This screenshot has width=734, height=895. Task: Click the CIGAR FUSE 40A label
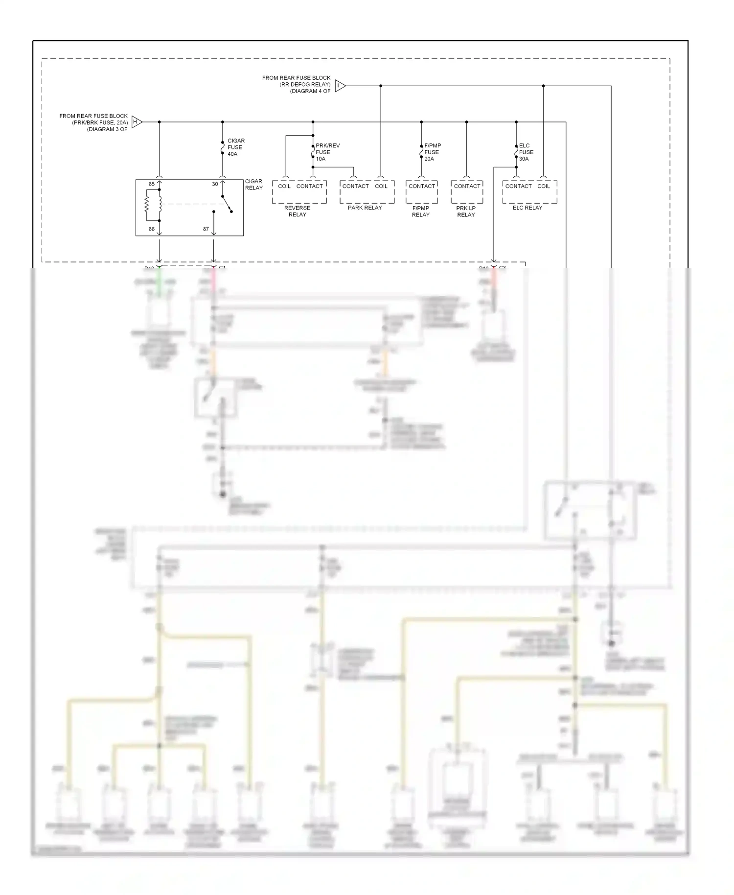click(x=235, y=147)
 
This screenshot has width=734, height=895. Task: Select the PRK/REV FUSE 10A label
click(x=327, y=152)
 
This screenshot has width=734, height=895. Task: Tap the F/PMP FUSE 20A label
click(x=432, y=152)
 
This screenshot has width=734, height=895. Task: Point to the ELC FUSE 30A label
click(x=526, y=152)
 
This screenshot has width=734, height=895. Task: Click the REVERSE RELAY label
click(x=297, y=211)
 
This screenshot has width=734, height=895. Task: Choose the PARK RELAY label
click(x=365, y=208)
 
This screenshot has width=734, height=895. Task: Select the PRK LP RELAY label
click(x=466, y=211)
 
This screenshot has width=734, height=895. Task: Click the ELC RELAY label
click(x=527, y=208)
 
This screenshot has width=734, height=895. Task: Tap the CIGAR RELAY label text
click(x=253, y=185)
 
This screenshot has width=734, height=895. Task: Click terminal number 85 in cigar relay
click(x=152, y=184)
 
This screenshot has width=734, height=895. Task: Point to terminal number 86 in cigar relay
click(x=152, y=229)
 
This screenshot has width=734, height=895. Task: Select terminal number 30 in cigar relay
click(x=215, y=184)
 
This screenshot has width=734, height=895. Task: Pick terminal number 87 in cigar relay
click(x=206, y=229)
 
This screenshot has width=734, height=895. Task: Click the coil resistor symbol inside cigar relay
click(x=146, y=205)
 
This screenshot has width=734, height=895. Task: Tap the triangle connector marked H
click(x=137, y=122)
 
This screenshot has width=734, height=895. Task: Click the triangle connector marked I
click(x=340, y=86)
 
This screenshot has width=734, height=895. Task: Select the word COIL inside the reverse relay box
click(x=284, y=186)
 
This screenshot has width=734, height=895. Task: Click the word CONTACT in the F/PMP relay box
click(x=422, y=186)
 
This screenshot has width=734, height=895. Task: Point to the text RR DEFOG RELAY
click(x=305, y=84)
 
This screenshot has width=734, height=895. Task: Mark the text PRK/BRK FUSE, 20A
click(x=100, y=122)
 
